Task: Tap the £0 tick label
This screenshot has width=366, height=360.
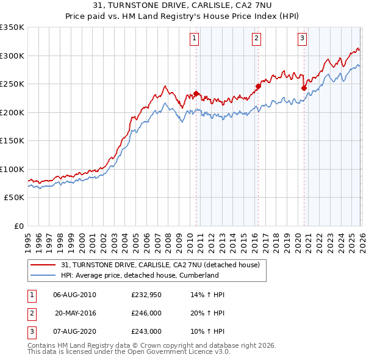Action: point(18,226)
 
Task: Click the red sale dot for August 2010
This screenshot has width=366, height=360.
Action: point(196,93)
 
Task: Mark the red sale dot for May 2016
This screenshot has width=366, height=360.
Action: point(258,86)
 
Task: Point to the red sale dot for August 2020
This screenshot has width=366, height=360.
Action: point(303,88)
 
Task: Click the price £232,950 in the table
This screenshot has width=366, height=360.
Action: point(145,295)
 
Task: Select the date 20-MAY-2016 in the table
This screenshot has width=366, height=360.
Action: point(75,313)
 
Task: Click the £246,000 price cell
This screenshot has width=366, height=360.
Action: point(145,313)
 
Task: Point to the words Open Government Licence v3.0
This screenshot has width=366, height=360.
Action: point(185,351)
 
